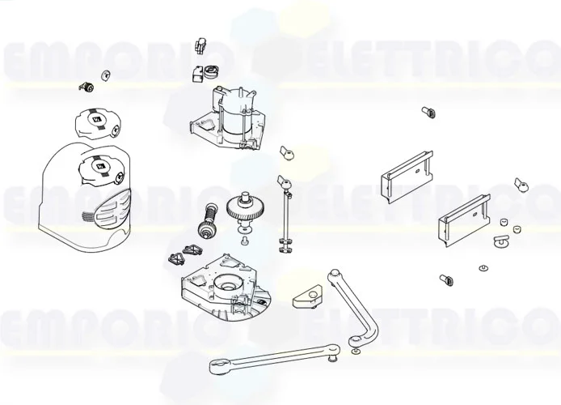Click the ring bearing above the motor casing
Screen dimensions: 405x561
pyautogui.click(x=213, y=70)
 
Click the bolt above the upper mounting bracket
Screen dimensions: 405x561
pyautogui.click(x=427, y=111)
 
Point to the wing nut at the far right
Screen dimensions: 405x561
pyautogui.click(x=521, y=186)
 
